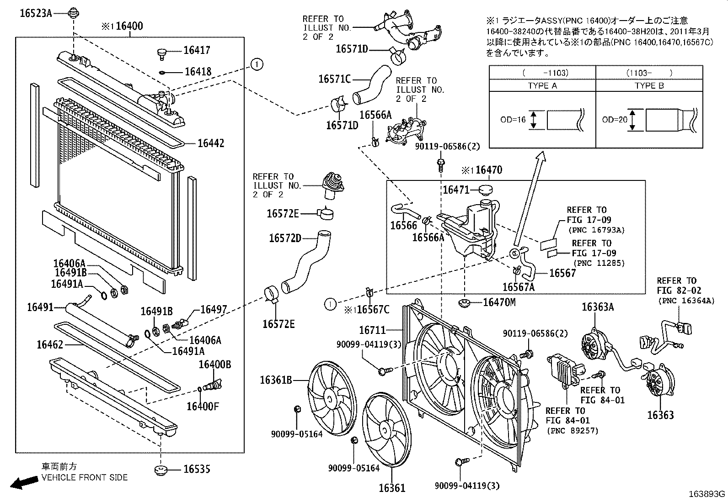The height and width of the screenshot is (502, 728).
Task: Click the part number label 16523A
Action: click(35, 13)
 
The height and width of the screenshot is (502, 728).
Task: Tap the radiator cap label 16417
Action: click(197, 50)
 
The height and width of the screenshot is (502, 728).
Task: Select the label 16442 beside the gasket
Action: click(211, 143)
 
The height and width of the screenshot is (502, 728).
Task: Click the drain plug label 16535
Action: click(197, 469)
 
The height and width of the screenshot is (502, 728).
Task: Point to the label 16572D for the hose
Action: click(285, 238)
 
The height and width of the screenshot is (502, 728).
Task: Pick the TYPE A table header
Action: click(542, 85)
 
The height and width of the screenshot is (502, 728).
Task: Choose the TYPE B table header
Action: click(649, 85)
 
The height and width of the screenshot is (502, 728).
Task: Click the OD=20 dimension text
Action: click(614, 120)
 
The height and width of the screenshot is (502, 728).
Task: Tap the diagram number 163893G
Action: click(708, 494)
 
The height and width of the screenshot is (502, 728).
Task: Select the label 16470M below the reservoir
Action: click(499, 302)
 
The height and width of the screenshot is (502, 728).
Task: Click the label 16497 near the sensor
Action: click(214, 309)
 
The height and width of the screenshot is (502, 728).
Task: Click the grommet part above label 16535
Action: click(161, 470)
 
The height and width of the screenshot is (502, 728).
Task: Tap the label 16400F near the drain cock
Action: click(202, 406)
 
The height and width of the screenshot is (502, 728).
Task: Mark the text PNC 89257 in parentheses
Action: click(573, 430)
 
